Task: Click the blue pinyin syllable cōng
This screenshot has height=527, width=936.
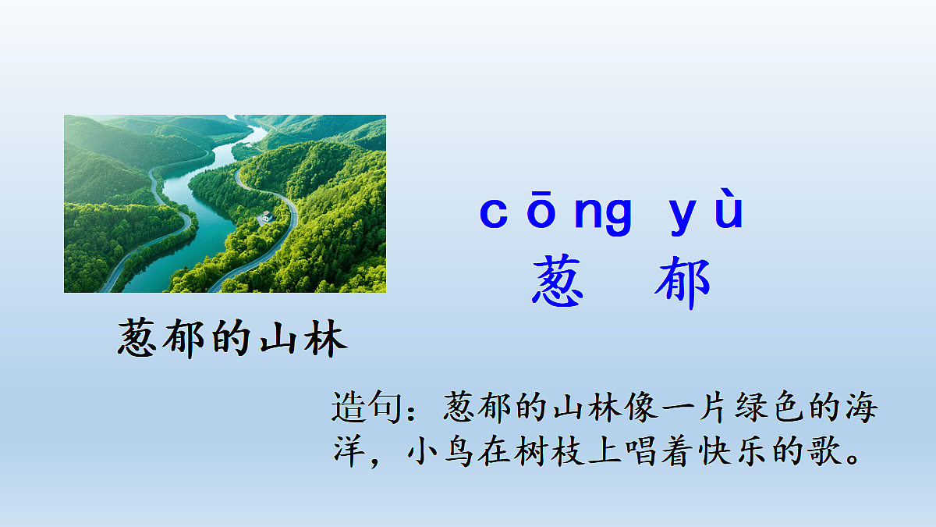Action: (x=555, y=212)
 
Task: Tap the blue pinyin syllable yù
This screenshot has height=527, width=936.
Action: (x=707, y=212)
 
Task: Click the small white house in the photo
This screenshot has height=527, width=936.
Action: (x=266, y=216)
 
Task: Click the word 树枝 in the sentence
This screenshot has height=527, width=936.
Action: (x=552, y=450)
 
